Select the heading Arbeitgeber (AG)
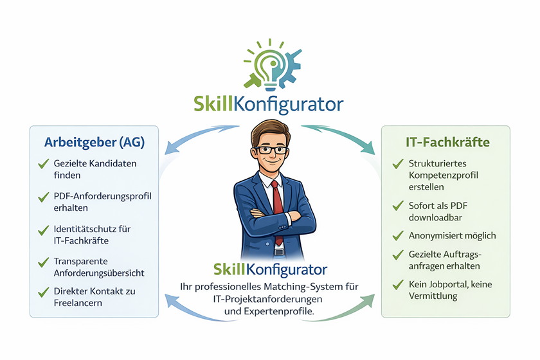coord(94,142)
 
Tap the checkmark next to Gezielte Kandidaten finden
coord(44,165)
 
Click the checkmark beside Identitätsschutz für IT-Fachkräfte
coord(44,230)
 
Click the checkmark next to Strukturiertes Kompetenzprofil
coord(398,165)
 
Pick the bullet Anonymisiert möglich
coord(452,235)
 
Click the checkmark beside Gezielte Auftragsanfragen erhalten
coord(398,255)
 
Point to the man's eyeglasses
coord(270,150)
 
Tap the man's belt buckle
coord(278,251)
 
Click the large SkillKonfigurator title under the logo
coord(269,104)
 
